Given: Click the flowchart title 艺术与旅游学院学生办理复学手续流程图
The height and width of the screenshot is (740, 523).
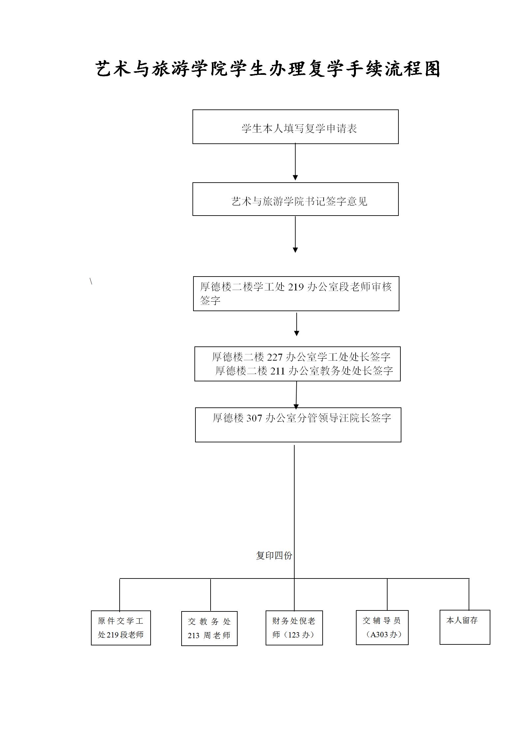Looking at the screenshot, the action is [x=268, y=69].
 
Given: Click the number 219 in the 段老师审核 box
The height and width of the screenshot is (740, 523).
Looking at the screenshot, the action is [x=296, y=287].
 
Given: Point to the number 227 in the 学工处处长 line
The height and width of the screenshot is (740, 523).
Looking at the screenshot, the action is [x=275, y=357].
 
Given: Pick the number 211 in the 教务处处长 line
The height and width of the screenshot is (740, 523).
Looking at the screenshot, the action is [x=277, y=371].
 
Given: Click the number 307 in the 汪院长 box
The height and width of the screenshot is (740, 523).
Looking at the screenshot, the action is [x=254, y=418].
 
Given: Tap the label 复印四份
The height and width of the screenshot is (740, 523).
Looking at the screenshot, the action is [x=274, y=555].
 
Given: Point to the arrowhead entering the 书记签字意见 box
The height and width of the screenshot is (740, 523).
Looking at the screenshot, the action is [x=295, y=178].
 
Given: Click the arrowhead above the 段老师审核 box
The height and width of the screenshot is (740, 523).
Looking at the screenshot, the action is [x=295, y=250].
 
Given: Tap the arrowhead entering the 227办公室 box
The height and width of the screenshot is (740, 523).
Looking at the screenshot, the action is [x=297, y=334].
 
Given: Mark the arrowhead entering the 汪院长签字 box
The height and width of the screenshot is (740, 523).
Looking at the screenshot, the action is [x=296, y=406].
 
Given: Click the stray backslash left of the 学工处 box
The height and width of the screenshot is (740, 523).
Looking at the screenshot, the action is [x=91, y=281].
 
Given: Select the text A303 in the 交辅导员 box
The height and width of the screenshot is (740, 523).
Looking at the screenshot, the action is [x=379, y=635].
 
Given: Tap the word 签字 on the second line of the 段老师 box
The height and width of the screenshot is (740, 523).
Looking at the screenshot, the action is [x=210, y=300].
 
